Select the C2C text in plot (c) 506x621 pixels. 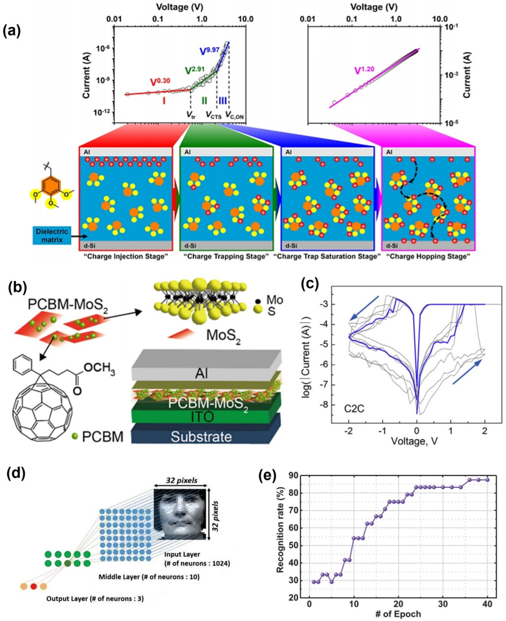tap(354, 408)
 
